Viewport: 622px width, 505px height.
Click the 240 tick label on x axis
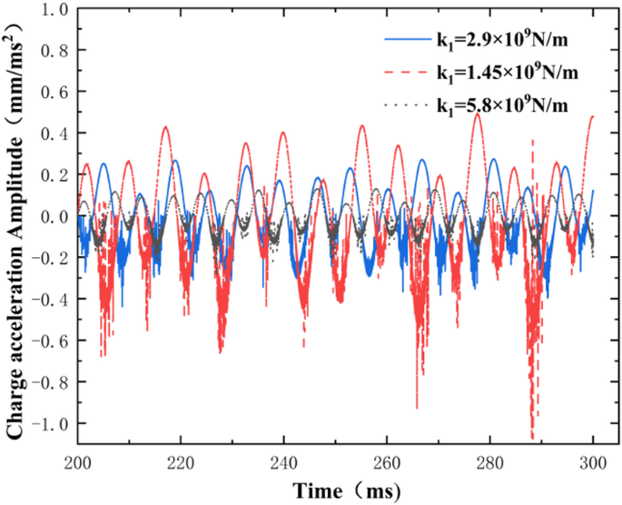click(284, 461)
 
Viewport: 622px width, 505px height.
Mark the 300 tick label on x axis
click(594, 461)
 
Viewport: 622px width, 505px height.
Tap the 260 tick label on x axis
click(388, 461)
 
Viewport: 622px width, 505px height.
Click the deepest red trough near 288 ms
click(532, 438)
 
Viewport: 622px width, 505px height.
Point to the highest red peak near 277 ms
click(478, 114)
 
